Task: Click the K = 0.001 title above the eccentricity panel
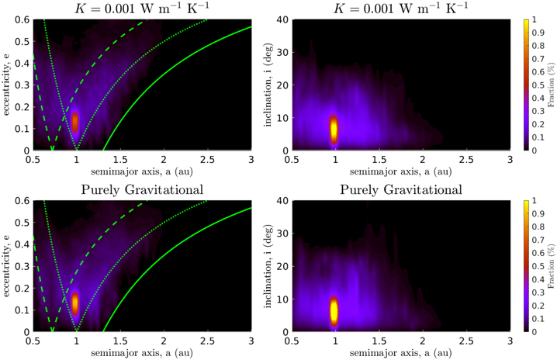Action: coord(141,7)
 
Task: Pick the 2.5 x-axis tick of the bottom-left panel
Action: coord(207,340)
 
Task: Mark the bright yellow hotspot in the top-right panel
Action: coord(334,128)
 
